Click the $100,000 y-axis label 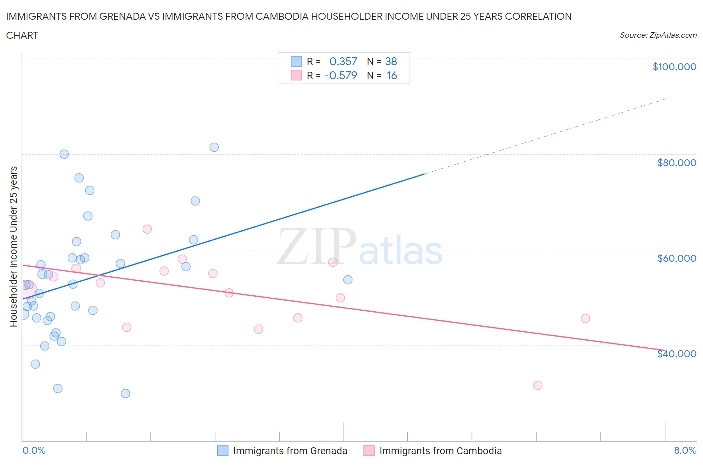tap(674, 67)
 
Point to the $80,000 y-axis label tap(677, 163)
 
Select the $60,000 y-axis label tap(677, 258)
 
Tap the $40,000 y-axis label tap(677, 354)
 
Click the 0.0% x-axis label tap(34, 450)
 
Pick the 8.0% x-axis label tap(685, 450)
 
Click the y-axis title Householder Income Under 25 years tap(14, 246)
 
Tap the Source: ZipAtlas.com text tap(658, 35)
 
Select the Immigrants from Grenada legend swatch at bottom tap(223, 451)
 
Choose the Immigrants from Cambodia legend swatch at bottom tap(369, 451)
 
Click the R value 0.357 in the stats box tap(343, 61)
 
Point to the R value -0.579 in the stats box tap(341, 75)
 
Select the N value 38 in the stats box tap(391, 61)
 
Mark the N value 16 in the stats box tap(392, 75)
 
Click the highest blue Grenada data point tap(214, 147)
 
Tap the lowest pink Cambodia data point tap(538, 385)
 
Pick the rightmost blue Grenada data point tap(348, 280)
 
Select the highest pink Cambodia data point tap(147, 229)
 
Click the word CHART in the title tap(22, 35)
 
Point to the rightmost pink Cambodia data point tap(585, 319)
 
